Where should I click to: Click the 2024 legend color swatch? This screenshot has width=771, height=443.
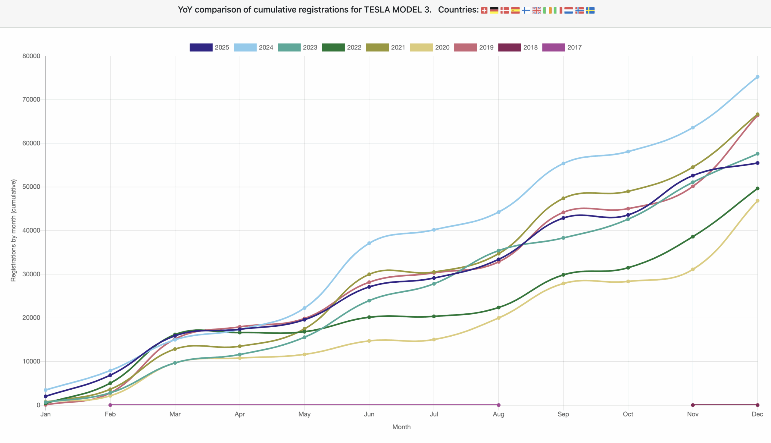(x=245, y=48)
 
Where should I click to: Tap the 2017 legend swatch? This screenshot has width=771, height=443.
(x=553, y=48)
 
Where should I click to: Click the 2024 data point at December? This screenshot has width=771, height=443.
(x=757, y=77)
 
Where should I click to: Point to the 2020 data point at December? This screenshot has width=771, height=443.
(x=757, y=201)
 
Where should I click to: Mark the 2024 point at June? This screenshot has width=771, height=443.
(x=369, y=243)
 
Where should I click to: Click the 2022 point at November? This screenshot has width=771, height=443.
(x=693, y=237)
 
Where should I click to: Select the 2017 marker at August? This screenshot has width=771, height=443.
(x=499, y=405)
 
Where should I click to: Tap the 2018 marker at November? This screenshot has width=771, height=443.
(x=693, y=405)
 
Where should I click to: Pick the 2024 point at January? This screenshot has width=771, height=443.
(x=45, y=390)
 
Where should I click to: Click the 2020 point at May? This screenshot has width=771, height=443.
(x=304, y=354)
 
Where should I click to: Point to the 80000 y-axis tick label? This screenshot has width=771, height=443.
(x=31, y=56)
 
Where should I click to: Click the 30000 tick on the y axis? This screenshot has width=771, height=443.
(x=31, y=274)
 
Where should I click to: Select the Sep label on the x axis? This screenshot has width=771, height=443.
(x=563, y=414)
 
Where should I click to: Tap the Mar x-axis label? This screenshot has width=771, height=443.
(x=175, y=414)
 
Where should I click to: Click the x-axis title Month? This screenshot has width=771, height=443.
(x=401, y=427)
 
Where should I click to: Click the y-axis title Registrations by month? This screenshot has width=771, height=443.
(x=13, y=230)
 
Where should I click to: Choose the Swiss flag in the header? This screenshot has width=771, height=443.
(x=484, y=11)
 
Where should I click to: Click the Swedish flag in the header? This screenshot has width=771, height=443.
(x=590, y=11)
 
